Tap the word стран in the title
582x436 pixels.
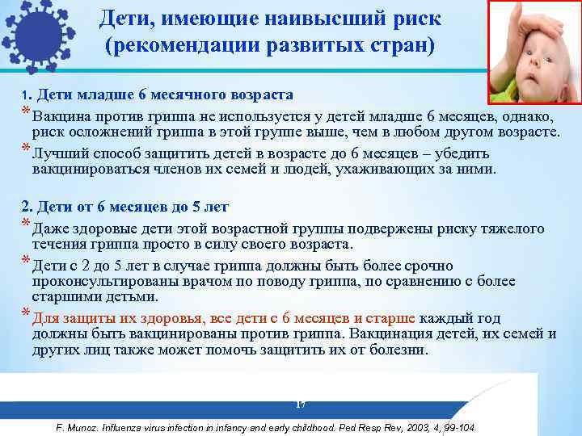point(410,44)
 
